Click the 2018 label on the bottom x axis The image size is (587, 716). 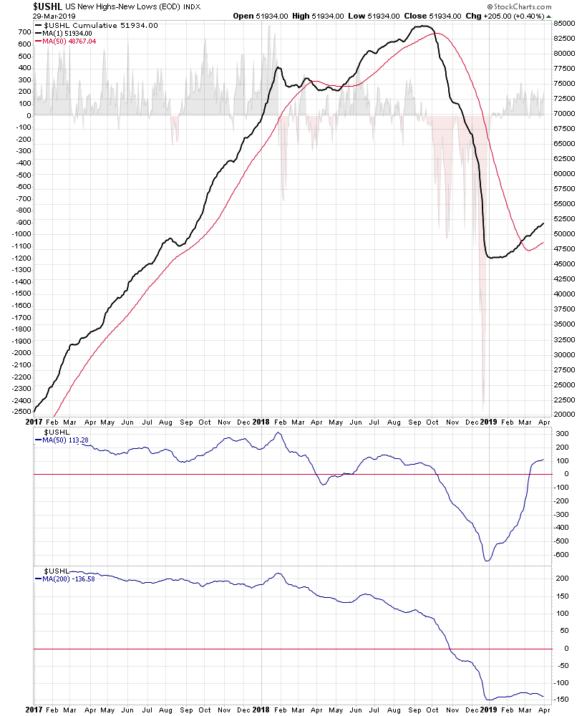pyautogui.click(x=263, y=710)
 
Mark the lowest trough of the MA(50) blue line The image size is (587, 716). pyautogui.click(x=488, y=560)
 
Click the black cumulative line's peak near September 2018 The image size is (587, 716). pyautogui.click(x=422, y=26)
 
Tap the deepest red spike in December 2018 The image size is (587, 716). pyautogui.click(x=484, y=405)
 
